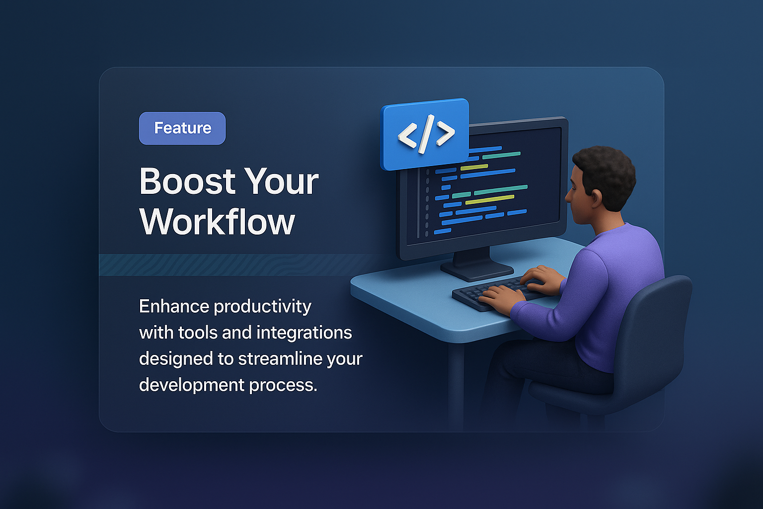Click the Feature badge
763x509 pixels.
[x=182, y=128]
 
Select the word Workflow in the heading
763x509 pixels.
[x=217, y=222]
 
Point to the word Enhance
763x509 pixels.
[x=173, y=306]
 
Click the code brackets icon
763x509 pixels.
[x=425, y=134]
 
